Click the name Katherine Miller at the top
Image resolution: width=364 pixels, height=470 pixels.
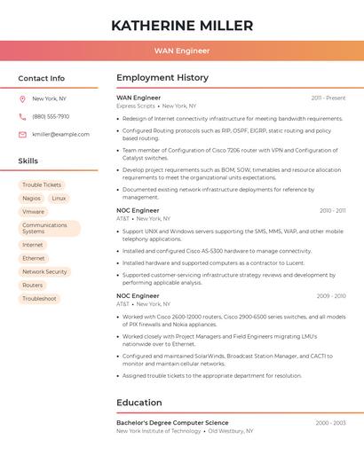[x=182, y=26]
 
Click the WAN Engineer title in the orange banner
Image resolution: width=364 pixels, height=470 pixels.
[x=182, y=51]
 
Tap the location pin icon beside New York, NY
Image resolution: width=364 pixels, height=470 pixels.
[x=22, y=99]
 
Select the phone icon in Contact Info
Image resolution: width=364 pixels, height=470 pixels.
[x=22, y=117]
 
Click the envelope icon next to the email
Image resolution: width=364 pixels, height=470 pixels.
[x=22, y=135]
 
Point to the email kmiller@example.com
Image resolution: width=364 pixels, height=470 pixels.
[x=60, y=135]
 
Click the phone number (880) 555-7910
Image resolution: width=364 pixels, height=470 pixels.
[x=51, y=117]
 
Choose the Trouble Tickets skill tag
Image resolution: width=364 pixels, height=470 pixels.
[x=42, y=185]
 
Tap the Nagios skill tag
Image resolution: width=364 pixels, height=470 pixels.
[x=31, y=199]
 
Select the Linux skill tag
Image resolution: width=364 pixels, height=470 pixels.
[x=59, y=199]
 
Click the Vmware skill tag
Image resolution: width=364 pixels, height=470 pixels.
[x=33, y=212]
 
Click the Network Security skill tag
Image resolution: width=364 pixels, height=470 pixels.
[x=44, y=272]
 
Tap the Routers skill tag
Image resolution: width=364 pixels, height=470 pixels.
[x=32, y=286]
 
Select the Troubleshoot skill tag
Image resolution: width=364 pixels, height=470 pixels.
[x=39, y=299]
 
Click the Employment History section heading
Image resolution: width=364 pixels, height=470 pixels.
[x=162, y=78]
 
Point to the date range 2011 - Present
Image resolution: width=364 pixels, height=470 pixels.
[x=328, y=98]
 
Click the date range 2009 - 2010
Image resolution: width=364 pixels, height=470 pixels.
[x=332, y=296]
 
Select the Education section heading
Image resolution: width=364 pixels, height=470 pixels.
[x=139, y=403]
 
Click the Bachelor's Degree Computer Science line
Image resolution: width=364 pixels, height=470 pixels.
[x=172, y=423]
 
